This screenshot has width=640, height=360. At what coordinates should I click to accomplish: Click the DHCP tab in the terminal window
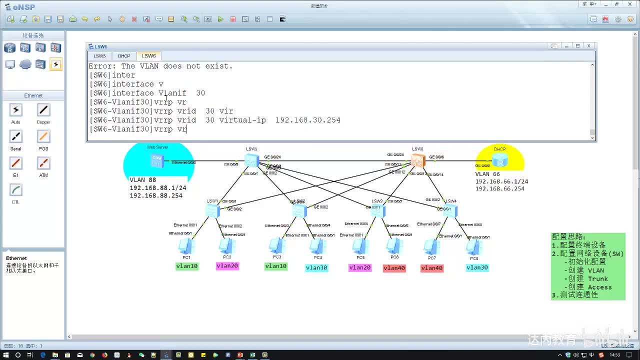pos(124,56)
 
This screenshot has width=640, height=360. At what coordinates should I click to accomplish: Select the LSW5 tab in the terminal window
pos(99,56)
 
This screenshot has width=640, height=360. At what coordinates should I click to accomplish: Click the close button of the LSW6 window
pos(588,46)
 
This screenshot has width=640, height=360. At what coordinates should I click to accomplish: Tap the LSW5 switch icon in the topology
pos(251,160)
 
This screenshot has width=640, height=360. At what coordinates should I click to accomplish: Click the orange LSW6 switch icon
pos(417,160)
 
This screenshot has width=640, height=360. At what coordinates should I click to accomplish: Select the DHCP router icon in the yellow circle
pos(499,160)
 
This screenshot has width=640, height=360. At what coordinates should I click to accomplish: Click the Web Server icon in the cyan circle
pos(156,160)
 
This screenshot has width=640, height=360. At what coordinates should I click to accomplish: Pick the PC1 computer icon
pos(186,245)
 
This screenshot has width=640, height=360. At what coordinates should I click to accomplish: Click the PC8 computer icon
pos(473,247)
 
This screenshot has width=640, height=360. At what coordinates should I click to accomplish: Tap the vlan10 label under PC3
pos(275,266)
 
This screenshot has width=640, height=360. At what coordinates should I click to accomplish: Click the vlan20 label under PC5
pos(360,267)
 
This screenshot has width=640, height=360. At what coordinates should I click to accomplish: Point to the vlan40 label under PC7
pos(432,268)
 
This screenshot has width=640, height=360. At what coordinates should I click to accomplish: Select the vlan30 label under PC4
pos(316,267)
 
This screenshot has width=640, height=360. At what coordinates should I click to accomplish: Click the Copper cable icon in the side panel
pos(43,110)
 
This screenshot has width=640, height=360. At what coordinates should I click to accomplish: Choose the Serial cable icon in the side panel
pos(15,136)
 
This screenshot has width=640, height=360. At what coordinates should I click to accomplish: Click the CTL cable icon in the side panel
pos(15,190)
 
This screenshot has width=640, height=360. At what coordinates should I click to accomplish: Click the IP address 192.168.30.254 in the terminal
pos(307,120)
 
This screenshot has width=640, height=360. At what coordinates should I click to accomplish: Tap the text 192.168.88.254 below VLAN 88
pos(156,195)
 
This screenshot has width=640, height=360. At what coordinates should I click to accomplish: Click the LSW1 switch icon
pos(212,210)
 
